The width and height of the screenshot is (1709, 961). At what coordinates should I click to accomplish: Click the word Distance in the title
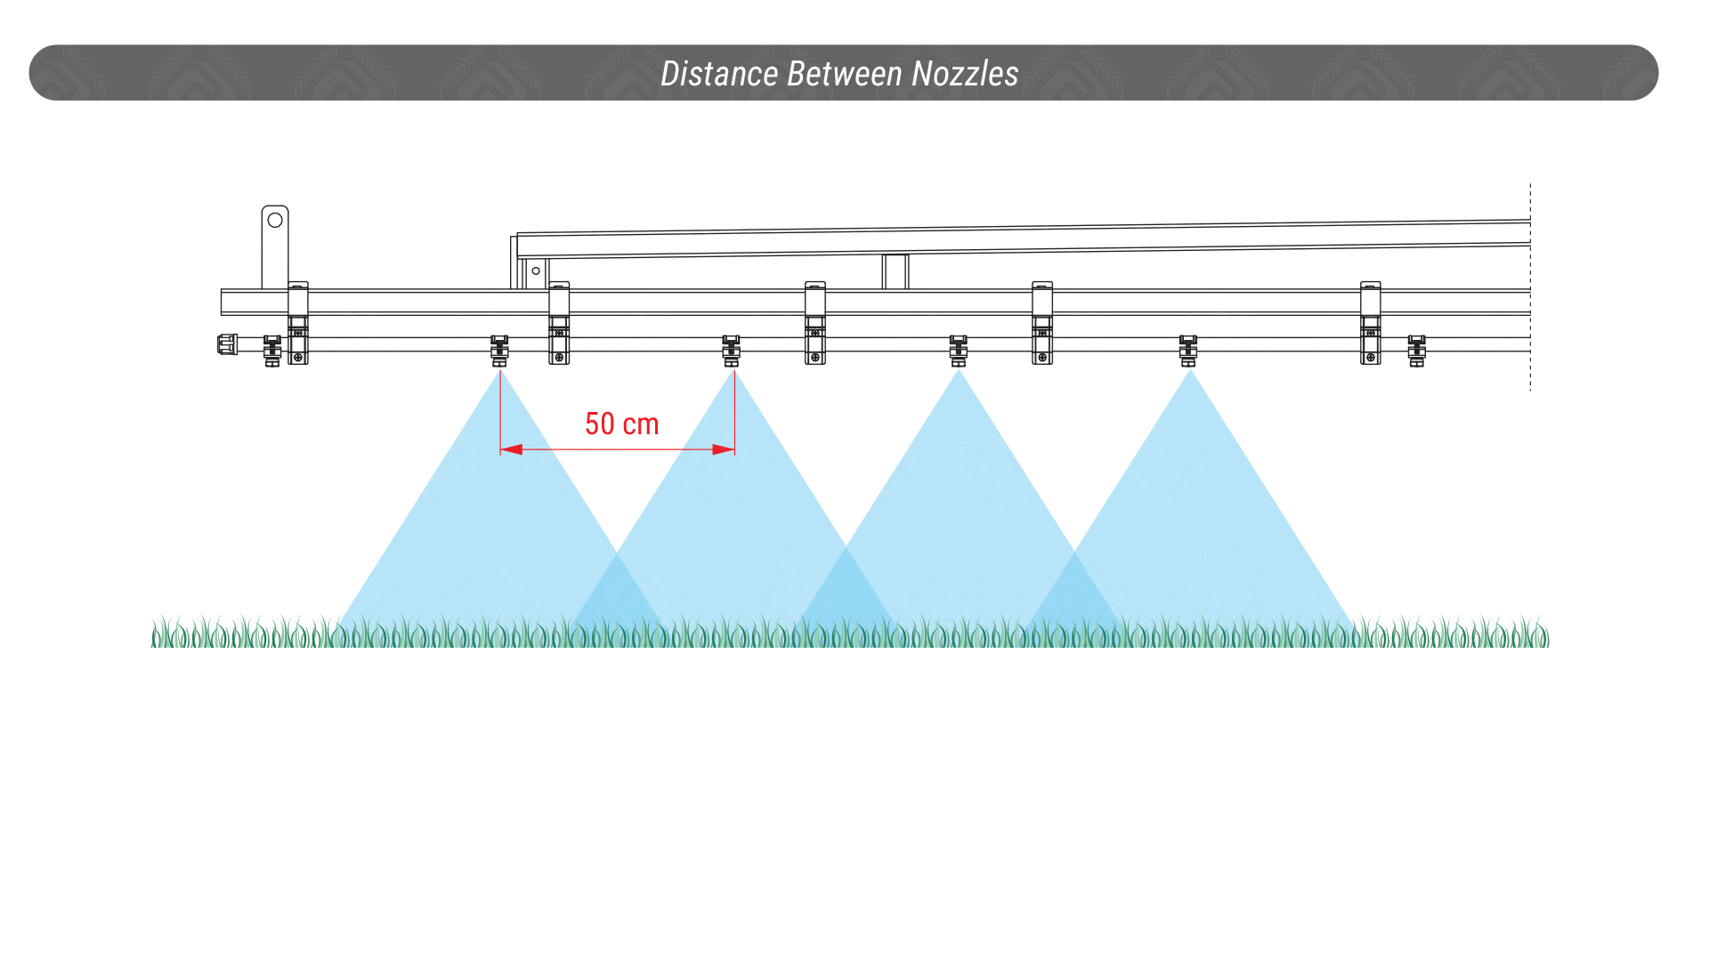(719, 73)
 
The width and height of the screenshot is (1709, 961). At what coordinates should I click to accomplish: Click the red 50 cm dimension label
(621, 424)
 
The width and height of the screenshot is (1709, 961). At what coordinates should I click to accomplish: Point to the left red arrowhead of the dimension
(511, 449)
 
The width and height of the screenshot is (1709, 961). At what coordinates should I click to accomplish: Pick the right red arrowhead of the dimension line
(724, 449)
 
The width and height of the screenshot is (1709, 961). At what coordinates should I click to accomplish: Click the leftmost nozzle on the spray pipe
(272, 351)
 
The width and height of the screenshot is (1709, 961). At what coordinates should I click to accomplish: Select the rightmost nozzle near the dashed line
(1416, 351)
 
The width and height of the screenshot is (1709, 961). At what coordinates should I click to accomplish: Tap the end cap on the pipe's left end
(228, 344)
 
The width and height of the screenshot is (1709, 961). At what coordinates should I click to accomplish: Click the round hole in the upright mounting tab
(275, 220)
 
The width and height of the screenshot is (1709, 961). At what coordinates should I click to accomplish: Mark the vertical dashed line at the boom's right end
(1530, 287)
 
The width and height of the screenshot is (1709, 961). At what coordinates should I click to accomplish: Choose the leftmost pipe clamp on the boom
(298, 323)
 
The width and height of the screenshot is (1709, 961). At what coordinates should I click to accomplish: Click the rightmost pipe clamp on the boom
(1371, 323)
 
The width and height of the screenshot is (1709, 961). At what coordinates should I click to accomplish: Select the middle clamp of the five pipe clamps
(815, 323)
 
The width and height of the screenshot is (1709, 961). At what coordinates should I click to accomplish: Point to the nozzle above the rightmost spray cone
(1188, 351)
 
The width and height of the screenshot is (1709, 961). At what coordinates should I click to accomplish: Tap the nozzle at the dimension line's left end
(499, 351)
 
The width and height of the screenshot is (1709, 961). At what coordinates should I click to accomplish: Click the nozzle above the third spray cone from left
(958, 351)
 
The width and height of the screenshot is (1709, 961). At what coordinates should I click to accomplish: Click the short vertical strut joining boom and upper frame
(895, 271)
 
